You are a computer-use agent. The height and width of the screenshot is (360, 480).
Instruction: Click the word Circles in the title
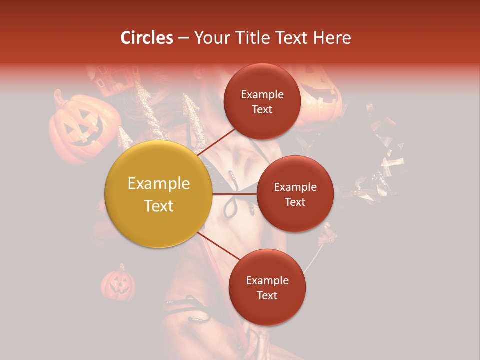(x=147, y=38)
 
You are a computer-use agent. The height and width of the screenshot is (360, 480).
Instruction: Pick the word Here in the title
(x=335, y=38)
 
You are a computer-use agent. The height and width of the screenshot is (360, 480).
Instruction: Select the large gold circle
(x=158, y=194)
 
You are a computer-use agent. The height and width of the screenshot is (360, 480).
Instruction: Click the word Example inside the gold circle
(x=158, y=184)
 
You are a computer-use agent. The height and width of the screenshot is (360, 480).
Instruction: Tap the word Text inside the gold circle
(x=158, y=206)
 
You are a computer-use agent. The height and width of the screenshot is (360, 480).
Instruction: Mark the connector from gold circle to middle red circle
(x=234, y=194)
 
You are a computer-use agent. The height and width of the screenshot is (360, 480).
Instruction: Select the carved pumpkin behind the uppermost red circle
(x=318, y=92)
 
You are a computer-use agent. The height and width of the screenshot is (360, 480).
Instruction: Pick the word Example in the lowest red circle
(x=267, y=281)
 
